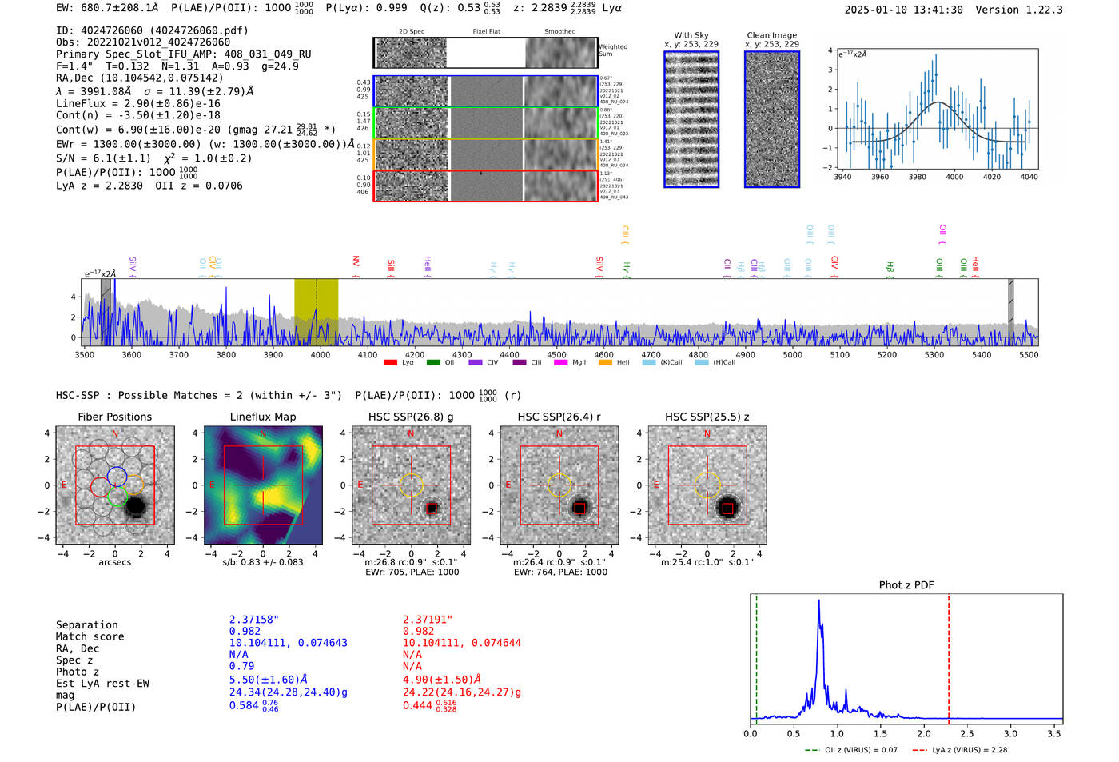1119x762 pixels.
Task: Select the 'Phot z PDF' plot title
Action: point(906,585)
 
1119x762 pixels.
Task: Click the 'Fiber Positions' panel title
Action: point(114,417)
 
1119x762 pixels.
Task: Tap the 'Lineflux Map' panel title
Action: point(262,417)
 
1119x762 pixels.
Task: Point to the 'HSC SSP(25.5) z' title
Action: point(707,417)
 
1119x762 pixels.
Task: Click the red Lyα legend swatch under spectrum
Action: point(390,363)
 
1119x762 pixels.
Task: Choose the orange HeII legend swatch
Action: point(605,363)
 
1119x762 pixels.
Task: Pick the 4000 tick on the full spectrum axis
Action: point(320,354)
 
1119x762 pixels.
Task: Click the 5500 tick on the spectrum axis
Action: point(1029,354)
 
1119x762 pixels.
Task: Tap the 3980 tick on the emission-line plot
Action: point(917,177)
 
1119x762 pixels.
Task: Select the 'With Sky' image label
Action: point(691,35)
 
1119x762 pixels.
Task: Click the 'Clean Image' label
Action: point(771,35)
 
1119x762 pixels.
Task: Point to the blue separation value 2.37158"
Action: point(254,620)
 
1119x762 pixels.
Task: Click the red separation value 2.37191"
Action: point(428,620)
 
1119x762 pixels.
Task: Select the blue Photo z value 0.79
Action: point(241,666)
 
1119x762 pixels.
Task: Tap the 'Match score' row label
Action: point(90,637)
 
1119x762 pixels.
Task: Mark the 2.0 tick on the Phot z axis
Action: point(923,733)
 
